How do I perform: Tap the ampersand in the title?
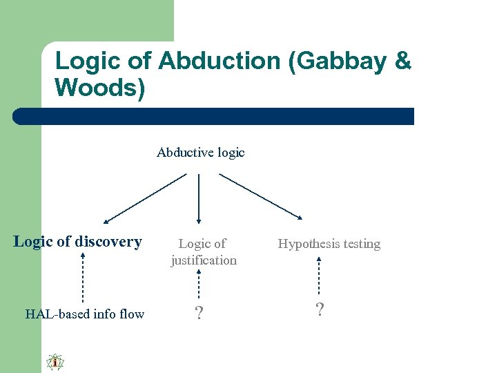[x=402, y=61]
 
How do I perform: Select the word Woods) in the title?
[x=100, y=88]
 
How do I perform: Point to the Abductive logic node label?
[x=201, y=152]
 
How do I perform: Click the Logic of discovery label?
[x=77, y=242]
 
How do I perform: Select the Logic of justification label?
[x=203, y=252]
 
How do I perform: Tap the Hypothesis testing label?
[x=329, y=244]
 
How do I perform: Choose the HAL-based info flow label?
[x=85, y=314]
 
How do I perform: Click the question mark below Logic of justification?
[x=199, y=314]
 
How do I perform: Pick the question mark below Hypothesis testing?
[x=320, y=309]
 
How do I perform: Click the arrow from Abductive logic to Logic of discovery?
[x=145, y=198]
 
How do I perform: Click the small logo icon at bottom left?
[x=55, y=362]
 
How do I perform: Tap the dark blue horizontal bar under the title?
[x=214, y=116]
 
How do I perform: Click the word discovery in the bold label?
[x=108, y=242]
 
